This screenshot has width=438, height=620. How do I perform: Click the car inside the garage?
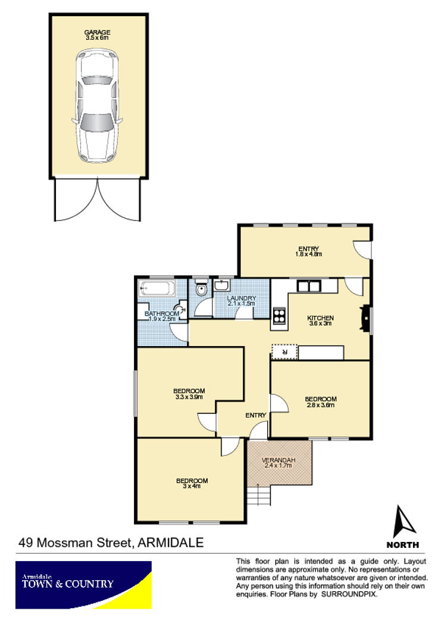(x=97, y=105)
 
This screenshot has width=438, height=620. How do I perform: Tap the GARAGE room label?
(x=97, y=32)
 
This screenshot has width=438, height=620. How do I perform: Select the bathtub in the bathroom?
(x=157, y=289)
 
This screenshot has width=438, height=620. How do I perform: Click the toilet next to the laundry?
(x=201, y=289)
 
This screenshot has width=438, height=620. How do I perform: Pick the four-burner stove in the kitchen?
(x=279, y=316)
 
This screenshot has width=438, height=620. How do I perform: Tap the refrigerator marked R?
(x=284, y=351)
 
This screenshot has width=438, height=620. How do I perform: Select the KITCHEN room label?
(x=320, y=318)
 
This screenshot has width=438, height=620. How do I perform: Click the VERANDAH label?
(x=279, y=460)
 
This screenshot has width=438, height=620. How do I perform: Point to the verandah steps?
(x=259, y=496)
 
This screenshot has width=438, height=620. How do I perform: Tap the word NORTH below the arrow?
(x=402, y=545)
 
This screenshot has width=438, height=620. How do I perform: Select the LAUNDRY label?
(x=241, y=298)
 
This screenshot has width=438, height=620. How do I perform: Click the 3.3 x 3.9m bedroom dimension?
(x=189, y=397)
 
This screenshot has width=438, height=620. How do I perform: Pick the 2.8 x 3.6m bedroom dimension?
(x=320, y=405)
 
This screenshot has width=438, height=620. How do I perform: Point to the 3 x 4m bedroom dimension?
(x=192, y=487)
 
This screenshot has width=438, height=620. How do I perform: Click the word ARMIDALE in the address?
(x=171, y=543)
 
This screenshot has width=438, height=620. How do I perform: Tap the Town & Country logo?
(x=83, y=585)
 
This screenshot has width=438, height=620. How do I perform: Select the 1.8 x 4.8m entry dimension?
(x=308, y=254)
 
